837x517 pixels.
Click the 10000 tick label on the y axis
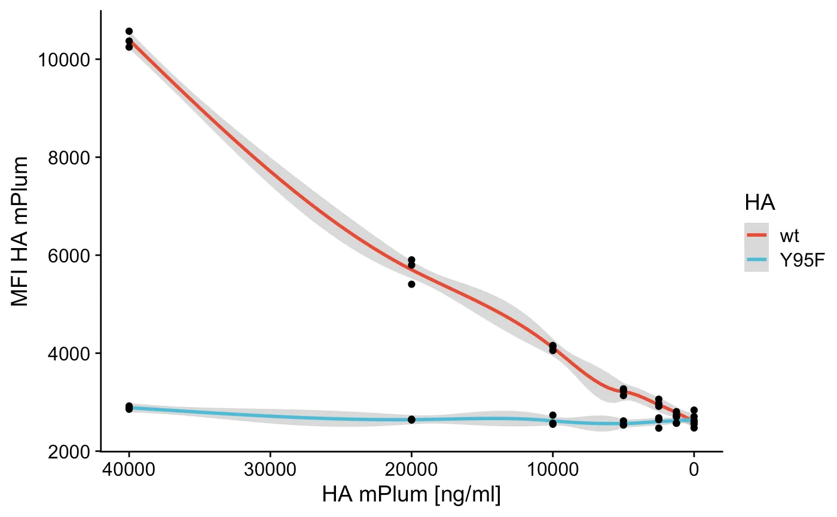(65, 60)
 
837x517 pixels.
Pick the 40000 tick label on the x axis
(129, 470)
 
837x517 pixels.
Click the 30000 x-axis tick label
(270, 470)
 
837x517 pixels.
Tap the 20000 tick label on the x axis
(411, 470)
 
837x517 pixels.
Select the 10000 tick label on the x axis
(552, 470)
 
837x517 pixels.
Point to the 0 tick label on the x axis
(694, 470)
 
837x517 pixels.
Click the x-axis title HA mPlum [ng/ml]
(411, 495)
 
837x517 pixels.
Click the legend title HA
(760, 203)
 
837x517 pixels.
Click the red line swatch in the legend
(756, 235)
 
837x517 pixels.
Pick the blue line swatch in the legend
(756, 260)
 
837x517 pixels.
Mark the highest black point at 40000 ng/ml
(129, 31)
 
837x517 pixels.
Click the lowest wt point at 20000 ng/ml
(411, 284)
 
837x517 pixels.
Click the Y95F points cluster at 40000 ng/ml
(129, 408)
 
